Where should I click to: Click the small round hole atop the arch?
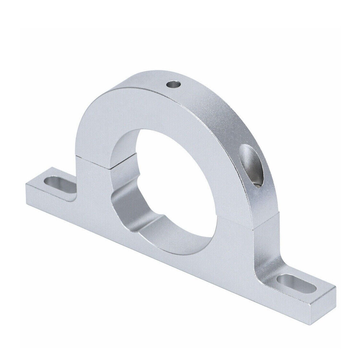[173, 86]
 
